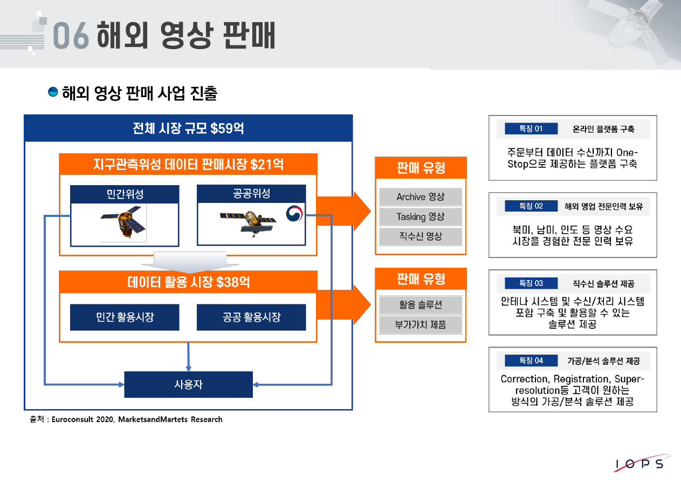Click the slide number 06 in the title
point(70,36)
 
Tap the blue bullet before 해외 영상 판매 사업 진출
point(53,92)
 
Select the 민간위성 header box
point(125,194)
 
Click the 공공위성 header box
point(251,193)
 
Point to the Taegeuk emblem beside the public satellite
point(295,214)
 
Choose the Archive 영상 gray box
point(421,197)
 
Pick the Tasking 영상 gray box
point(421,216)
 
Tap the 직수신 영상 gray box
point(421,236)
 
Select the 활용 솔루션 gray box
point(421,305)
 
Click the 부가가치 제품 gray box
point(421,325)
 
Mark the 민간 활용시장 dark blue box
point(125,317)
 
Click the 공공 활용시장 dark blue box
point(251,317)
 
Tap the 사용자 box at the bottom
point(188,385)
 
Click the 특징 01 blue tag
point(531,128)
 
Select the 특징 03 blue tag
point(531,283)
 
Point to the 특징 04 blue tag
point(531,361)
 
